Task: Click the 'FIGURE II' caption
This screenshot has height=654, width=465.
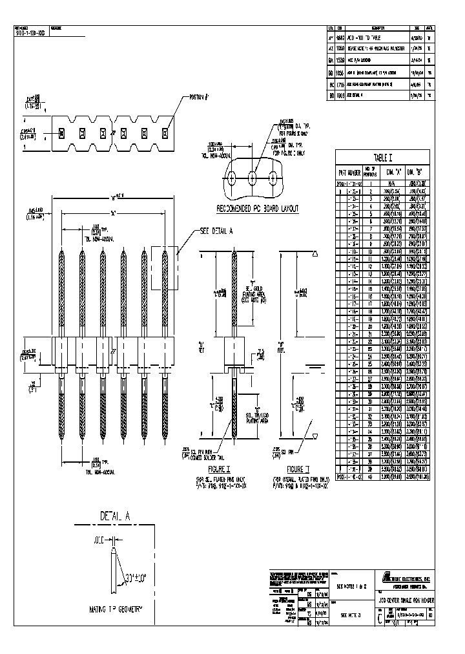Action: click(296, 468)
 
